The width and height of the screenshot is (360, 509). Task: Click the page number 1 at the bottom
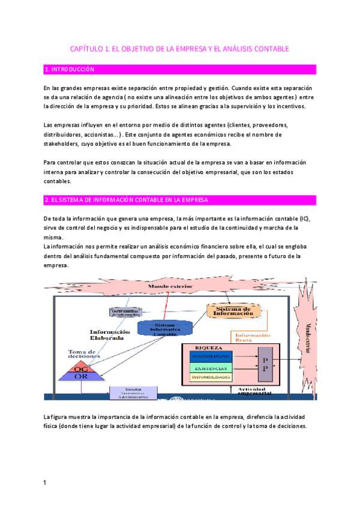[x=45, y=482]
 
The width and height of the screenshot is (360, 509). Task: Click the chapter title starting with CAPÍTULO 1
[x=179, y=48]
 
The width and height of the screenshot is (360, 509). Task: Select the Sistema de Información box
[x=234, y=310]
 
